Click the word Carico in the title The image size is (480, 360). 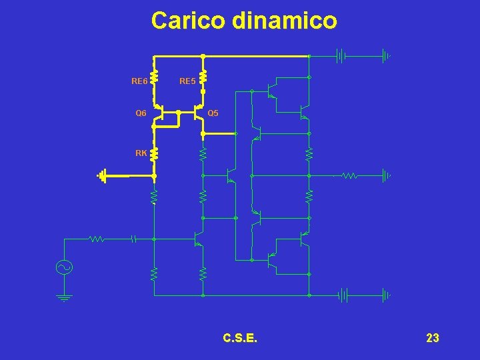(x=189, y=21)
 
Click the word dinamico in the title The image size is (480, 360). (x=285, y=21)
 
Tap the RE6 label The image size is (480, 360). (x=139, y=82)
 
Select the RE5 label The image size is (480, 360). (x=187, y=82)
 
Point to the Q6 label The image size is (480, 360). (x=141, y=113)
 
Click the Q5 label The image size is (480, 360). (x=213, y=113)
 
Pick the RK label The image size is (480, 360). (x=141, y=153)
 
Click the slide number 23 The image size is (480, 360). (x=432, y=338)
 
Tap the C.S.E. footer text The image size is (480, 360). (x=240, y=338)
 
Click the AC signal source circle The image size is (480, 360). (x=65, y=267)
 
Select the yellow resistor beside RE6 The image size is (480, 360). (x=154, y=77)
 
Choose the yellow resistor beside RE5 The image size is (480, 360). (x=203, y=77)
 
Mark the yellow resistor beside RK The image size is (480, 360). (x=154, y=155)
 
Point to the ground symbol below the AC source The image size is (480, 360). (x=65, y=297)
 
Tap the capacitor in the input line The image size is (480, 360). (x=133, y=238)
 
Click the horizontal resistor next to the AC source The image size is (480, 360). (x=97, y=238)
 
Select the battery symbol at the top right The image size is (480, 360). (x=341, y=56)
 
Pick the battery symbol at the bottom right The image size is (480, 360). (x=341, y=294)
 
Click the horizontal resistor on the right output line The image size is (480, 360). (x=349, y=176)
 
